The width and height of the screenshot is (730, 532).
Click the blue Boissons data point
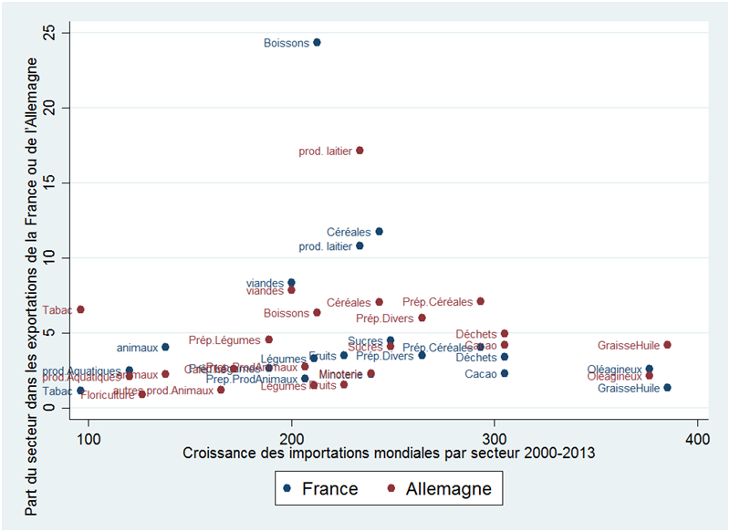click(x=317, y=42)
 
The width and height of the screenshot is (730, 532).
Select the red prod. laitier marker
click(x=360, y=151)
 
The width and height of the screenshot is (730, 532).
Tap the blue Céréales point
click(x=380, y=232)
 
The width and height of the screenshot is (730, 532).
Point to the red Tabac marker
click(x=80, y=309)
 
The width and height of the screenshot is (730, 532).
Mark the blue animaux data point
click(x=165, y=347)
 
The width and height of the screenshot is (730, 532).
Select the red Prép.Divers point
click(x=422, y=318)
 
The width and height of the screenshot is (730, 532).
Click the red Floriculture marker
click(x=142, y=394)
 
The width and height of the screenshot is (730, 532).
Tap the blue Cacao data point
click(x=505, y=373)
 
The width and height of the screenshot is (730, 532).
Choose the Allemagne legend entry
click(x=442, y=488)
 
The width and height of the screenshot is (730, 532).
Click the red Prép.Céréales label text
click(x=437, y=302)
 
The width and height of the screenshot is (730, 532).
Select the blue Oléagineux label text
click(x=615, y=370)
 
